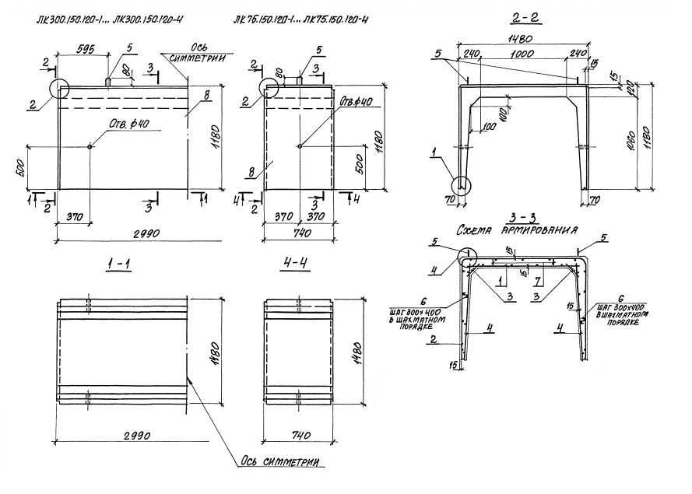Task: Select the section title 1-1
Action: point(118,266)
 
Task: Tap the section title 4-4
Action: point(297,266)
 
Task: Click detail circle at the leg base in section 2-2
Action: point(462,184)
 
